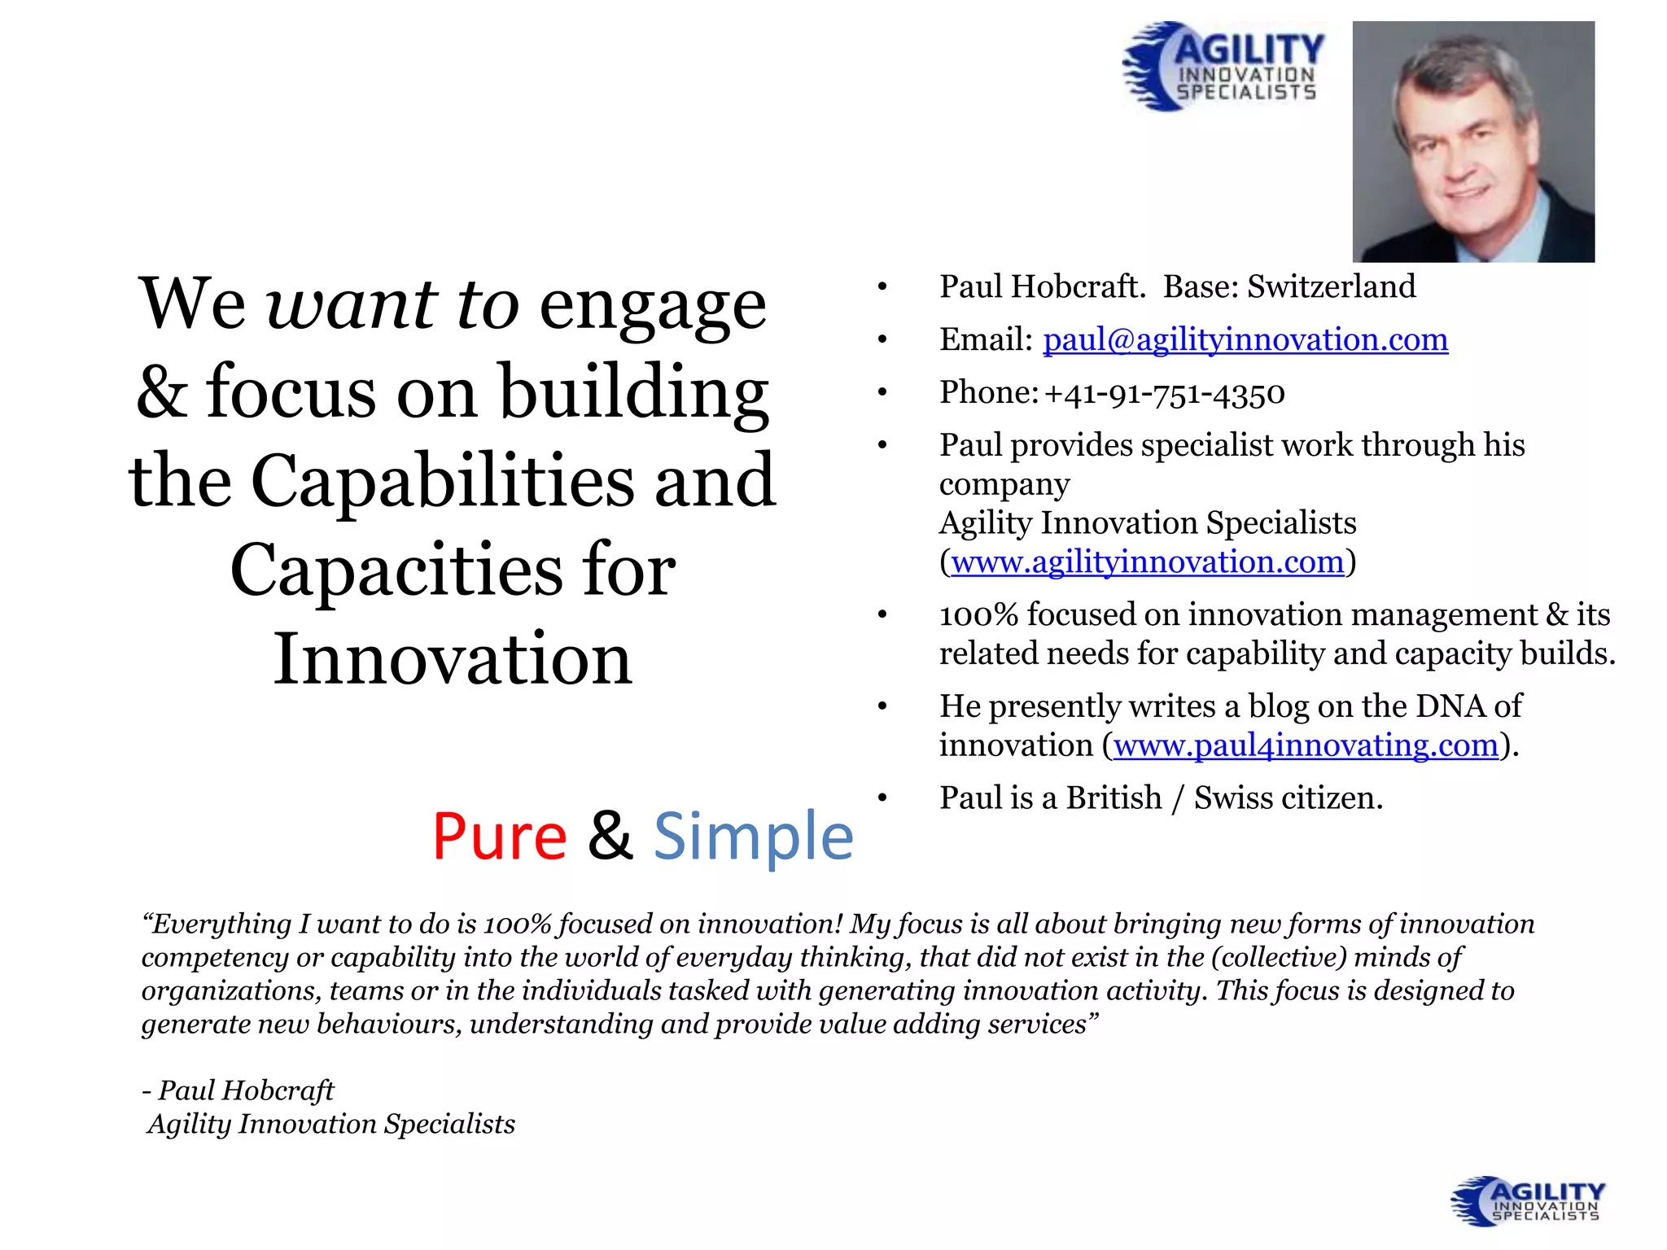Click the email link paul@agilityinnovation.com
point(1245,340)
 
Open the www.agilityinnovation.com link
point(1147,562)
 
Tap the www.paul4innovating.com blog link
point(1306,745)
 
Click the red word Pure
point(499,837)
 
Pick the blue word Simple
point(753,837)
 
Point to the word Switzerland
point(1331,287)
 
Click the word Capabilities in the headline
point(442,481)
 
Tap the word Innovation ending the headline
point(453,658)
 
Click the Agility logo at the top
point(1223,67)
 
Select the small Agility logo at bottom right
point(1527,1201)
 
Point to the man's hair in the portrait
point(1457,65)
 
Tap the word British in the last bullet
point(1114,798)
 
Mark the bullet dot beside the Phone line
point(882,394)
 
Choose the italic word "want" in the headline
point(352,305)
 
